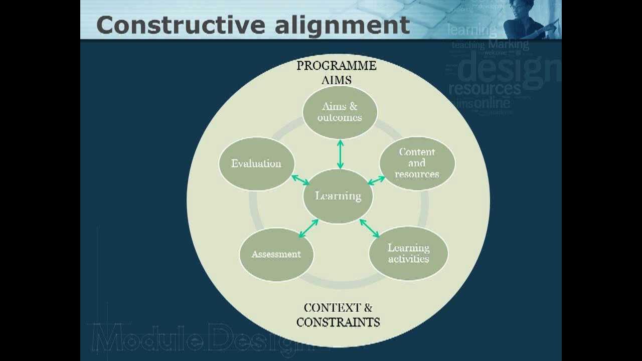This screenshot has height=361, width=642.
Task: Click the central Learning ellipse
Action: click(339, 196)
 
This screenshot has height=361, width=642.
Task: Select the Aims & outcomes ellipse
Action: click(340, 112)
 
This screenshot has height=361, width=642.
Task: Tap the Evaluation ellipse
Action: click(256, 163)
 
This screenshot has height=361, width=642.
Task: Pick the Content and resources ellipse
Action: click(417, 163)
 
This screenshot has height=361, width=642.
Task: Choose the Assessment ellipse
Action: click(276, 254)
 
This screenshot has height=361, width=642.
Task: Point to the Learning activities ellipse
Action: click(408, 254)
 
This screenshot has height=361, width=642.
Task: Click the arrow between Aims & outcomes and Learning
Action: click(340, 154)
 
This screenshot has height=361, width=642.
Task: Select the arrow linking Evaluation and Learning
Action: click(300, 180)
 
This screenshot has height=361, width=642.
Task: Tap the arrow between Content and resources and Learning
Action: click(376, 180)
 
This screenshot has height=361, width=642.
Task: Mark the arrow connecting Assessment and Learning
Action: click(308, 228)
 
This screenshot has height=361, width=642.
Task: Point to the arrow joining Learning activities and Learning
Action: click(370, 228)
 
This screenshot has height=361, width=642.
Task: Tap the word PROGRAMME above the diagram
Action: click(336, 66)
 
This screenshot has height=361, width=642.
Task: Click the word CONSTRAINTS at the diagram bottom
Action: click(338, 322)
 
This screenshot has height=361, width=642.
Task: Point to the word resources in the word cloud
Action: click(485, 89)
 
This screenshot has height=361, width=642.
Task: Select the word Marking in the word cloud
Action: click(508, 45)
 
